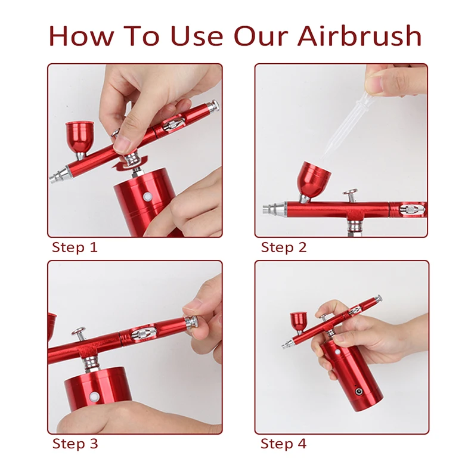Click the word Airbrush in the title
click(x=360, y=36)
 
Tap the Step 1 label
click(x=75, y=247)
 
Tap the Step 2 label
click(x=284, y=247)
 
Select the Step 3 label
click(x=75, y=444)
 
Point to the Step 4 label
click(x=284, y=444)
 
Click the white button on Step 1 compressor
click(x=147, y=197)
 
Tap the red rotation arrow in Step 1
click(x=130, y=163)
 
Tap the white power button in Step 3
click(x=95, y=396)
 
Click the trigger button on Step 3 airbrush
click(x=79, y=333)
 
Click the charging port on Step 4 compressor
click(x=358, y=391)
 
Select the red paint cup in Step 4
click(x=298, y=323)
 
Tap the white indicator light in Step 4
click(x=337, y=352)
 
